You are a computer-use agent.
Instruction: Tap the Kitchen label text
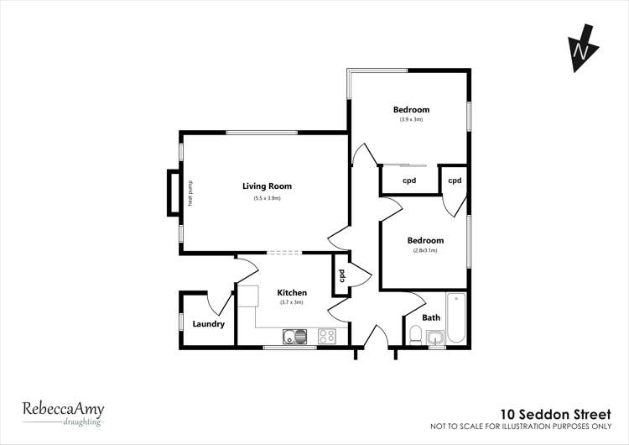coord(292,292)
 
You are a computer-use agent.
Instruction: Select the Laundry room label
coord(208,323)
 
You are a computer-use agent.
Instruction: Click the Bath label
coord(431,317)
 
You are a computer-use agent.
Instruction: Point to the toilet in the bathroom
coord(414,336)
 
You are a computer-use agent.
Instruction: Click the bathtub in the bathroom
coord(456,317)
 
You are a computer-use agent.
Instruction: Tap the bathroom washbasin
coord(435,338)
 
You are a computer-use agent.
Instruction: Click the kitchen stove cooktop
coord(326,337)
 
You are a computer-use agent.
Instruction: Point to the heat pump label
coord(190,194)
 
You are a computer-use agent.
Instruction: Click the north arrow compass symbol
coord(580,50)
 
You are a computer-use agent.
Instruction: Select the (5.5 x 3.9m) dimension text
coord(267,198)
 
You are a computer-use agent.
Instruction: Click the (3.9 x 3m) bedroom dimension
coord(411,120)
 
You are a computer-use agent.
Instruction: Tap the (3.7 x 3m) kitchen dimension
coord(292,302)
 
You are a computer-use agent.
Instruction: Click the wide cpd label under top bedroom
coord(409,181)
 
